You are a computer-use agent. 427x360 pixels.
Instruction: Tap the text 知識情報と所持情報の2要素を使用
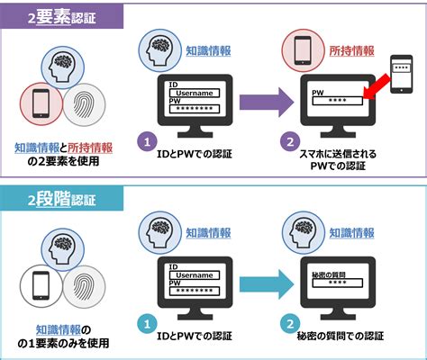click(x=63, y=154)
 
